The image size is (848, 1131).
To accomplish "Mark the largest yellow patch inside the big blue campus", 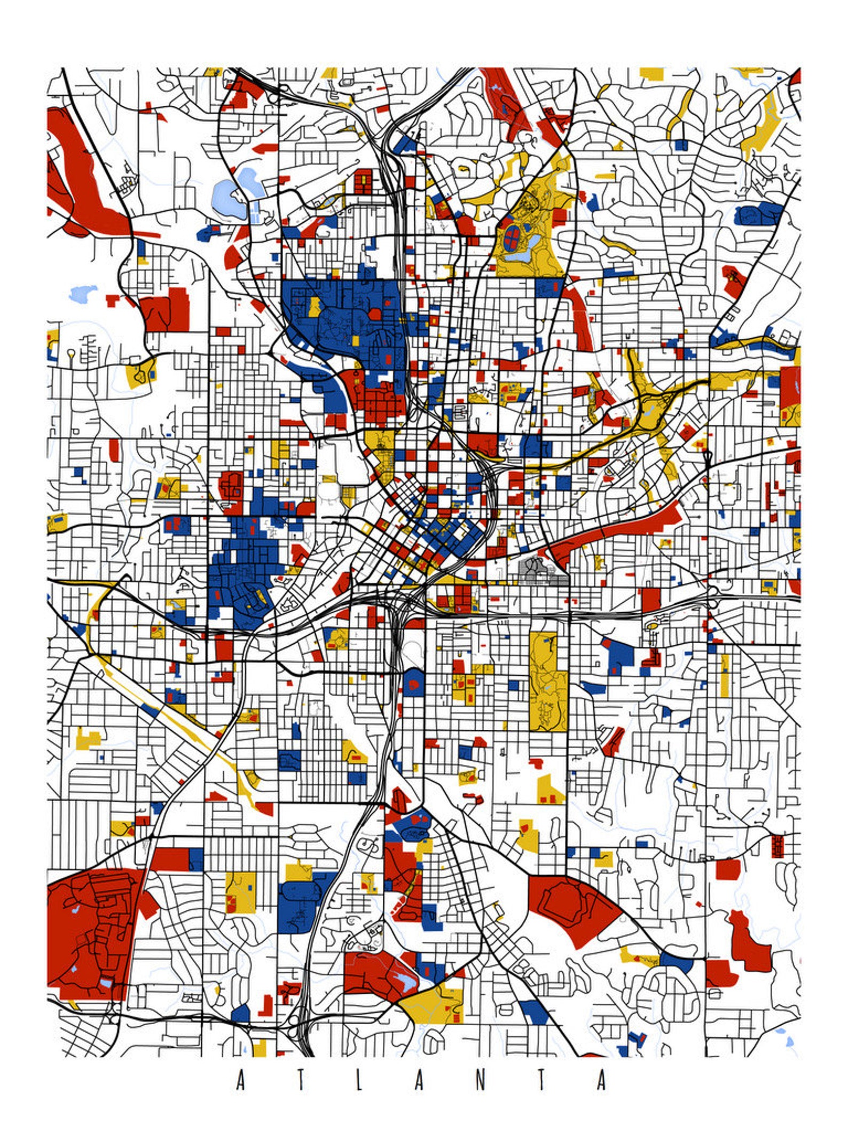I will click(x=314, y=306).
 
